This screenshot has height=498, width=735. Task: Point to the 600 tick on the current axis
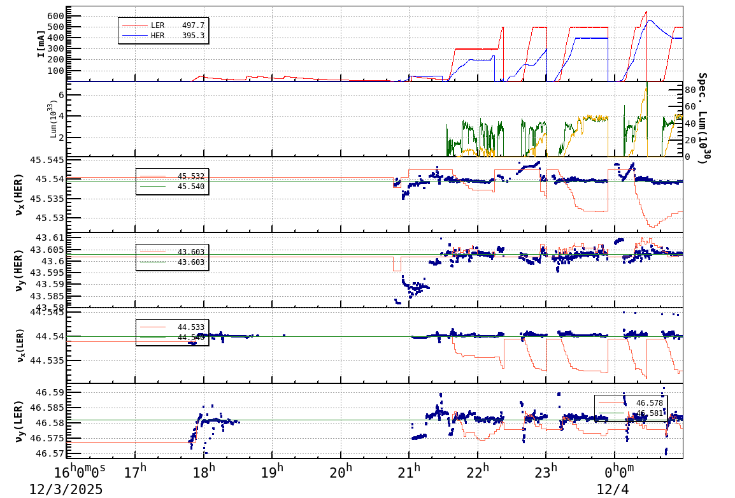tap(55, 16)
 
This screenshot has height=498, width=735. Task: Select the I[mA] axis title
tap(41, 44)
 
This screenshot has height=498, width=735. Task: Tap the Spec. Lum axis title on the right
tap(703, 118)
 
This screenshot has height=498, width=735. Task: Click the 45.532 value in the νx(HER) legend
tap(191, 176)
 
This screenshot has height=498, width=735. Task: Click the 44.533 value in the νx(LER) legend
tap(191, 327)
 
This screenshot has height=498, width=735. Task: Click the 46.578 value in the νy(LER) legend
tap(649, 402)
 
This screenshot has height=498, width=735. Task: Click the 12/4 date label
tap(612, 489)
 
